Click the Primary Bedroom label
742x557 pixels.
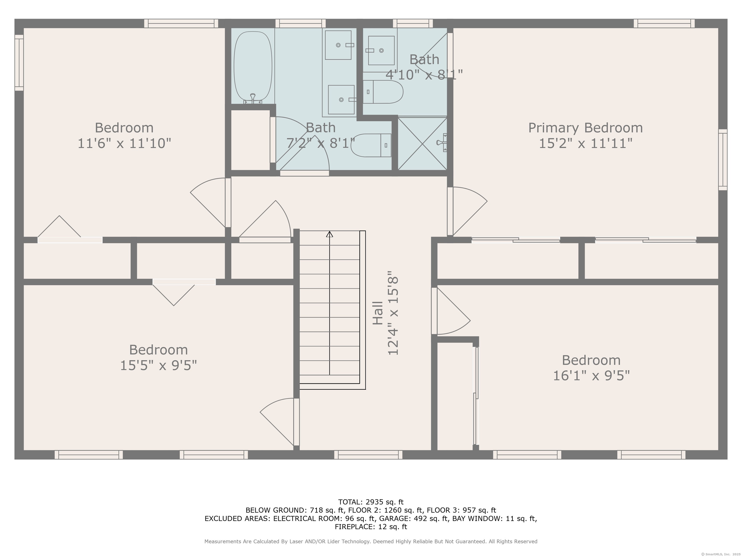point(585,128)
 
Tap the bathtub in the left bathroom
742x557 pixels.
point(253,66)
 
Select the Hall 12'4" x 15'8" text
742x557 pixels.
point(385,313)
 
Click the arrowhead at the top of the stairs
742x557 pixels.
point(329,234)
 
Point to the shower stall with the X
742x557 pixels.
point(422,143)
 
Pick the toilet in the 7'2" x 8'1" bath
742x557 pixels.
point(371,145)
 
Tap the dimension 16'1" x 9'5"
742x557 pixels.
point(591,375)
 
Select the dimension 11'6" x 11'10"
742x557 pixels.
point(124,143)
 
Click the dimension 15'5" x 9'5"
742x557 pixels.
point(158,365)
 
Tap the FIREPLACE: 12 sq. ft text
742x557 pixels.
point(371,527)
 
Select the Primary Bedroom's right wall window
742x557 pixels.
point(722,160)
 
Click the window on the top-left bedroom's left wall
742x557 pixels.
point(19,63)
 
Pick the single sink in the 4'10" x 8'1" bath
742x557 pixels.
point(381,50)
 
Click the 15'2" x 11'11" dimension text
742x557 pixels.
point(585,143)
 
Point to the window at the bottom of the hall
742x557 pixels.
point(368,454)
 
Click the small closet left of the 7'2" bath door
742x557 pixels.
point(250,140)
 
